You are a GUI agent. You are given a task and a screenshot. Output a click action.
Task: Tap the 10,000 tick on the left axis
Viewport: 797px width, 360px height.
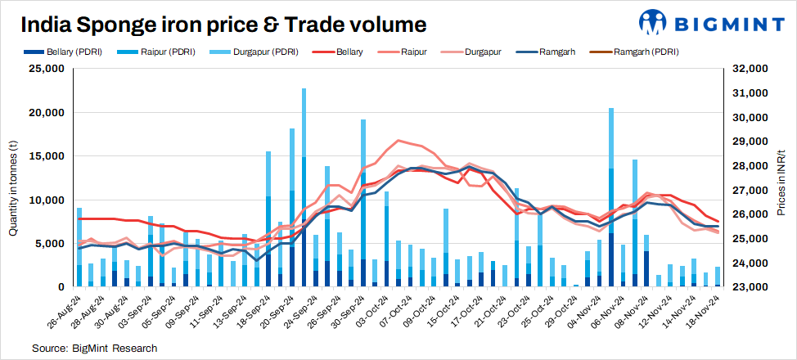(x=47, y=200)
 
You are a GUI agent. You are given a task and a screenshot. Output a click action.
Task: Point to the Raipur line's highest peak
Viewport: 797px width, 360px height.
(x=398, y=141)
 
